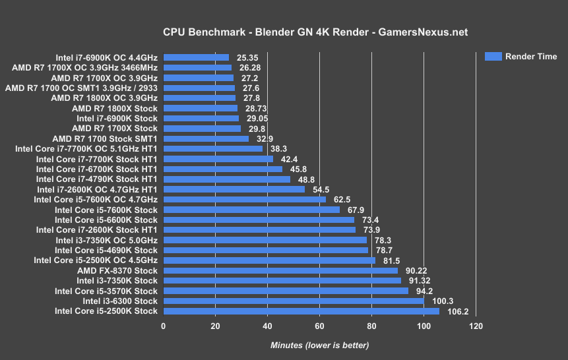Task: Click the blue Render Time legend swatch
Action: point(493,56)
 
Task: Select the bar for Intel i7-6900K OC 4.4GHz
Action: point(196,57)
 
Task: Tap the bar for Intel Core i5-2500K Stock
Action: point(301,311)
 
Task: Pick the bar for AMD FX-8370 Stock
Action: point(280,270)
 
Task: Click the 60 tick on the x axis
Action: point(319,326)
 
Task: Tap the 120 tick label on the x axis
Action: point(475,326)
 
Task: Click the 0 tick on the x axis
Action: point(163,326)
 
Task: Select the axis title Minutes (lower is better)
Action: point(319,345)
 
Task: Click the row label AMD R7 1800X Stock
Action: point(115,108)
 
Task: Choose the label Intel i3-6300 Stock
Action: point(120,301)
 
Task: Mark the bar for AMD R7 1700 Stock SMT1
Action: point(206,138)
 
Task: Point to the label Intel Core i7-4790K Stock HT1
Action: point(97,179)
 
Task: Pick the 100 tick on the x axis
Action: point(423,326)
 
